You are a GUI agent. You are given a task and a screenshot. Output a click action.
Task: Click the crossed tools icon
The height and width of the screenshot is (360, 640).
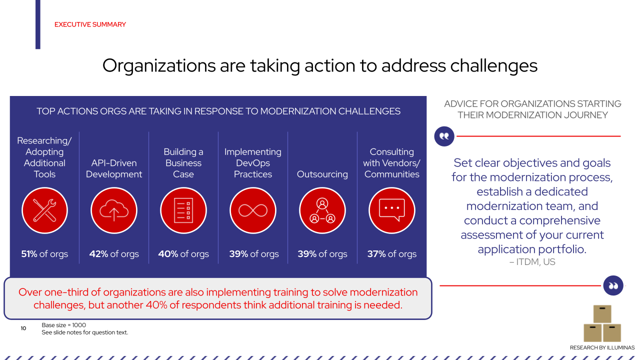[44, 210]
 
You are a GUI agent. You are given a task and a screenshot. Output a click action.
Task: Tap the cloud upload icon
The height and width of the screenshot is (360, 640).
[114, 210]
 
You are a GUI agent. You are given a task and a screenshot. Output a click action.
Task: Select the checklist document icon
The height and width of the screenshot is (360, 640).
[183, 210]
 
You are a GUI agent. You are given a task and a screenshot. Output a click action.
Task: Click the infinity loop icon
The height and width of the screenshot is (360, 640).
[253, 210]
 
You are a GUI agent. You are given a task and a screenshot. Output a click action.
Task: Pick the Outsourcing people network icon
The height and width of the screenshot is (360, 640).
[322, 210]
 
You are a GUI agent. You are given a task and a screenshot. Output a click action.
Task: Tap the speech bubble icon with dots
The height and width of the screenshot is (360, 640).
[392, 210]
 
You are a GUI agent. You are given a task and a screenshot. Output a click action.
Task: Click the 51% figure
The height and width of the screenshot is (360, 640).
[29, 254]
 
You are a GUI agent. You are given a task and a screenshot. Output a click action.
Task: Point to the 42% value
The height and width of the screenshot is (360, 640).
[99, 254]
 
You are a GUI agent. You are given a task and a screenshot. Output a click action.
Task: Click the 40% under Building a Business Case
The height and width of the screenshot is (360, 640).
[168, 254]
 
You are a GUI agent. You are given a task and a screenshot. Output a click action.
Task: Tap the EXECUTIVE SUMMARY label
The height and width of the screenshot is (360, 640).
[90, 24]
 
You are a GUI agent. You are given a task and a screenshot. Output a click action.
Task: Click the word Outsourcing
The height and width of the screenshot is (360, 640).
[322, 174]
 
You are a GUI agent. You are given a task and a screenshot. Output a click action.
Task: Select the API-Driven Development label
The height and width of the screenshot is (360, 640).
[114, 168]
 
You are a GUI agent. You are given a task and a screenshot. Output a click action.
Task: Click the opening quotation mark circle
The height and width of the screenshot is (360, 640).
[444, 136]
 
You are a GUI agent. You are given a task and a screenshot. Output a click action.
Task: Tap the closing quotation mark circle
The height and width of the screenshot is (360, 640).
[613, 285]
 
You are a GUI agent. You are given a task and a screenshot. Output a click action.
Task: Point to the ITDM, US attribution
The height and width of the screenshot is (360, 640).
[532, 262]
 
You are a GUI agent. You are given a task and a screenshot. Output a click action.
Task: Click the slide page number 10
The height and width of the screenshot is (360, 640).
[23, 328]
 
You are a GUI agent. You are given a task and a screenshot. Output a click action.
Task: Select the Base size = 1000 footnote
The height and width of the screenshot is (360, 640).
[64, 325]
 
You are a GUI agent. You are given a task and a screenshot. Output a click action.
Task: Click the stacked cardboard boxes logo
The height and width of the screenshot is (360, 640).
[602, 323]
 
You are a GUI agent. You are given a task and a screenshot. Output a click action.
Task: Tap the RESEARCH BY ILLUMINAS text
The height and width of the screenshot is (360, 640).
[602, 347]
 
